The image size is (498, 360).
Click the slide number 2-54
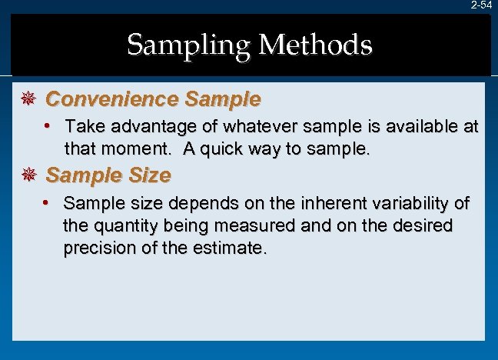click(x=482, y=5)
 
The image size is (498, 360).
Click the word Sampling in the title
click(x=188, y=45)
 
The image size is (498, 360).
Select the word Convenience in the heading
click(x=111, y=99)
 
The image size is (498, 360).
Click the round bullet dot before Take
click(x=48, y=125)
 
